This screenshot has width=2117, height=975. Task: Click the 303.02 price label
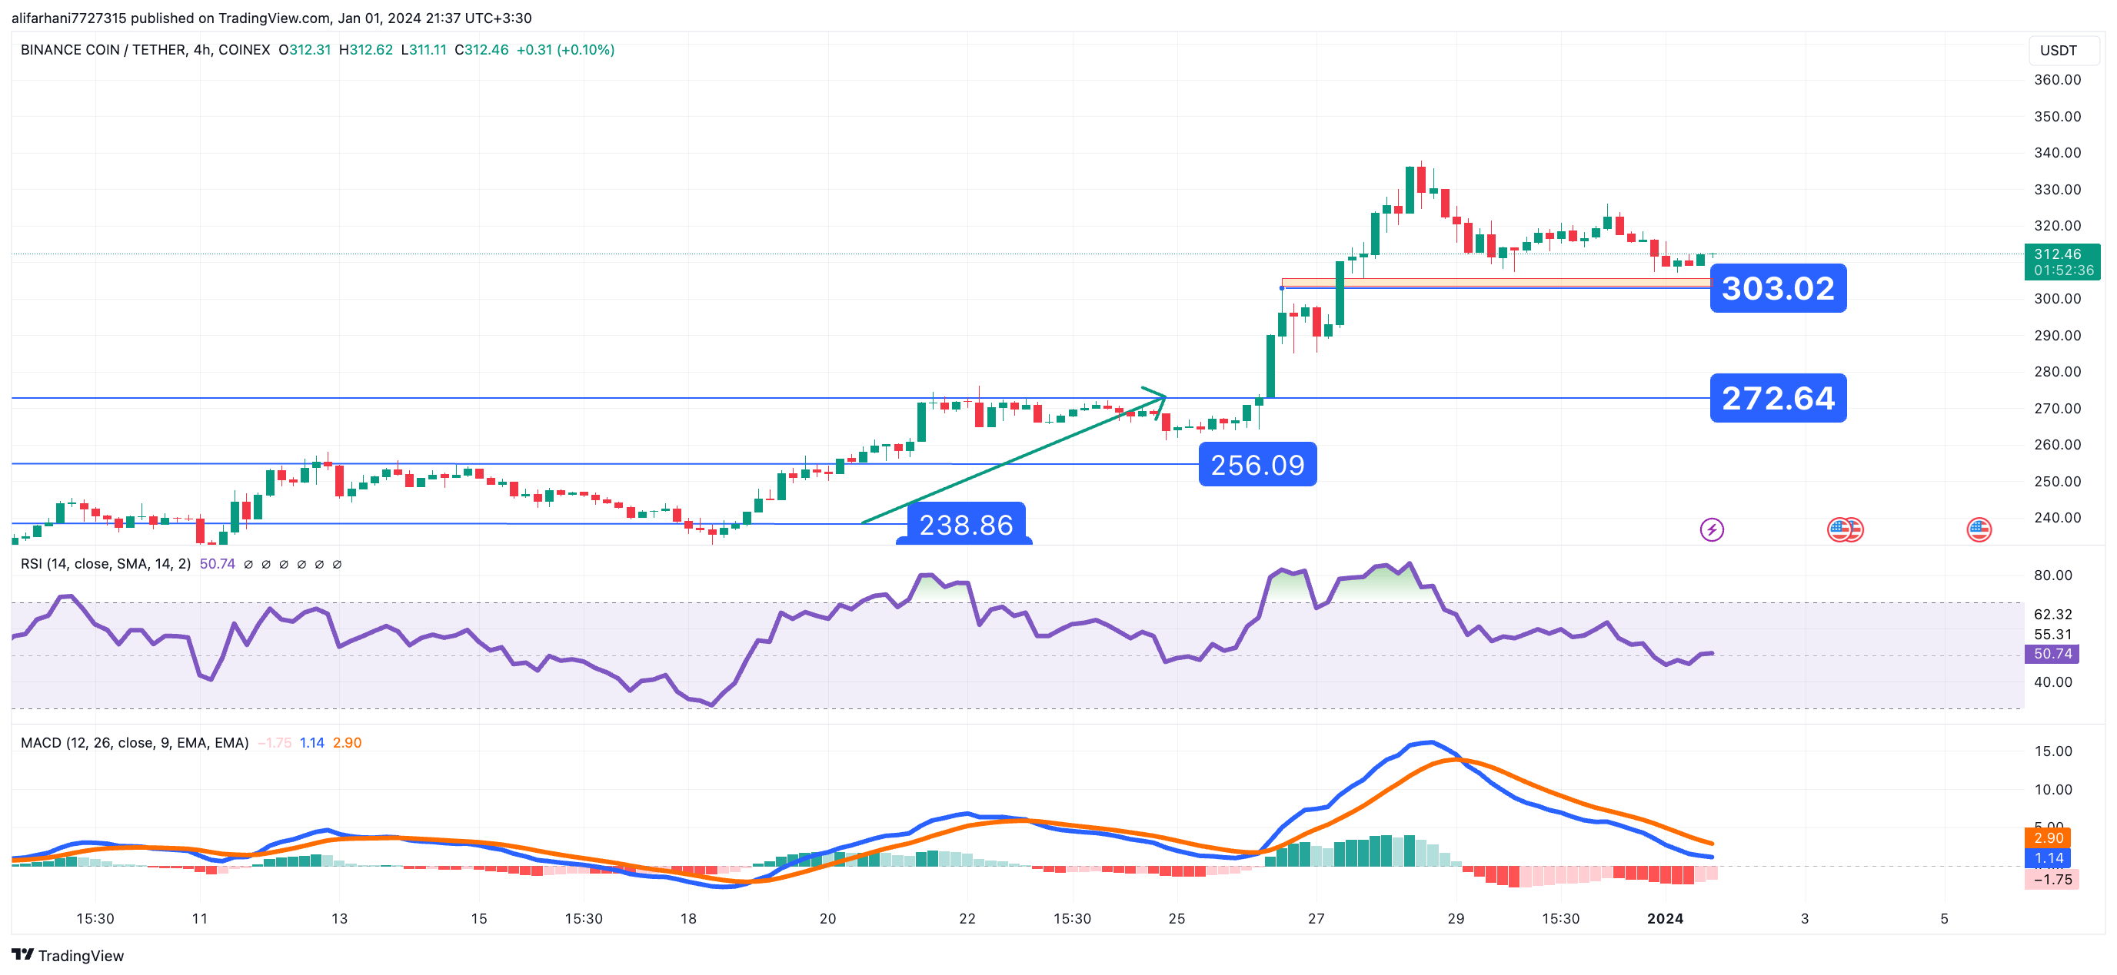coord(1778,288)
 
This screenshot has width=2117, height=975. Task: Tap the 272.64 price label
coord(1778,399)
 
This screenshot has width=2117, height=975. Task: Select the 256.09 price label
coord(1257,465)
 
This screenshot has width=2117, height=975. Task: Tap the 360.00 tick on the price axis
coord(2057,80)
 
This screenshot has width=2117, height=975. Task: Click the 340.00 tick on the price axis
coord(2057,153)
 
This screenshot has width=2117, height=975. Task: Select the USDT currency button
coord(2058,50)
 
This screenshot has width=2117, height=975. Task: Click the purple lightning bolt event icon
coord(1711,530)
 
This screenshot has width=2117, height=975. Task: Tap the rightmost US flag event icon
coord(1978,530)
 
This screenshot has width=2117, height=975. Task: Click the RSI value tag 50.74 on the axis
coord(2052,654)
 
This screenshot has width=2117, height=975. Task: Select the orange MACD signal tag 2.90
coord(2048,837)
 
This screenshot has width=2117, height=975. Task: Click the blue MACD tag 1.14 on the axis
coord(2048,858)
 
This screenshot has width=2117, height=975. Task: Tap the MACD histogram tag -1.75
coord(2052,880)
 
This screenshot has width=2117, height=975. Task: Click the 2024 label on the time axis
coord(1664,918)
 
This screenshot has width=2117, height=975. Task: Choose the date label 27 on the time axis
coord(1316,918)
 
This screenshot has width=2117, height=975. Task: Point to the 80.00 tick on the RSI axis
coord(2052,575)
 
